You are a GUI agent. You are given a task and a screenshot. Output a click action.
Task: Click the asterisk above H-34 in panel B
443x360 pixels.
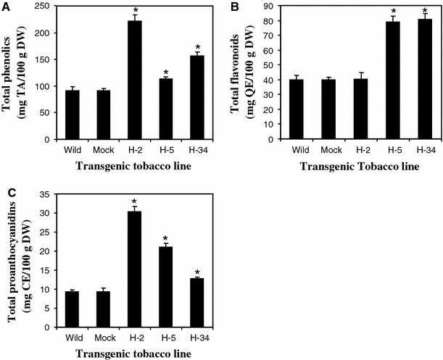coord(405,11)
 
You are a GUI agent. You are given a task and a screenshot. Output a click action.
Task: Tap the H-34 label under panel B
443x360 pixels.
coord(405,150)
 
